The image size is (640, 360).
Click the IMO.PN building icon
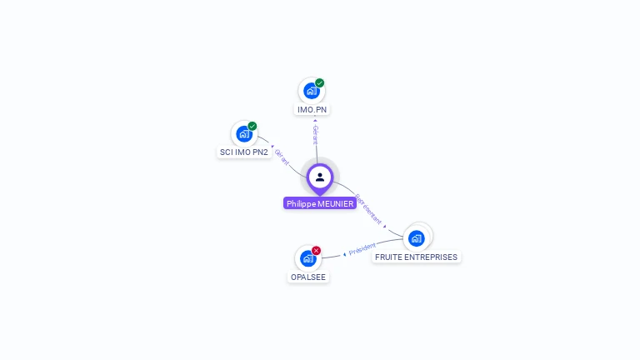tap(311, 91)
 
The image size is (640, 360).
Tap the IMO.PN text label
tap(312, 109)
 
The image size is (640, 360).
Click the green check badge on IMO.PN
tap(320, 83)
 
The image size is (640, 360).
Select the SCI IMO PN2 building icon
tap(243, 133)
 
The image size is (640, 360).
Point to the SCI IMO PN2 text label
tap(243, 152)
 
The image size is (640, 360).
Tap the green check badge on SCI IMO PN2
tap(252, 127)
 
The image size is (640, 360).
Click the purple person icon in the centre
tap(320, 177)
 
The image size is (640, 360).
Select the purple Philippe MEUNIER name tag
tap(320, 203)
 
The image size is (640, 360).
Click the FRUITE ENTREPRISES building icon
tap(417, 238)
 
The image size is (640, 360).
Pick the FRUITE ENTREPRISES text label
tap(416, 257)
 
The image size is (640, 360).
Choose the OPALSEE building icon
tap(307, 258)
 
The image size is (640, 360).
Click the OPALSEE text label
tap(308, 277)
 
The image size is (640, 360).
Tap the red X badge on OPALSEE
tap(317, 251)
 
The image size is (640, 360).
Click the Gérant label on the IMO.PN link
tap(315, 135)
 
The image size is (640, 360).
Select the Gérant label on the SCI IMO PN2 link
tap(282, 157)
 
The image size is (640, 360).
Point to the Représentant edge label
tap(368, 210)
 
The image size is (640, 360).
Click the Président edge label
tap(362, 248)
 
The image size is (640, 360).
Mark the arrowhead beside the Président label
tap(344, 253)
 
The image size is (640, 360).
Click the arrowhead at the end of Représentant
tap(385, 227)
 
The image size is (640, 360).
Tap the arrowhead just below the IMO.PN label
tap(315, 120)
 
